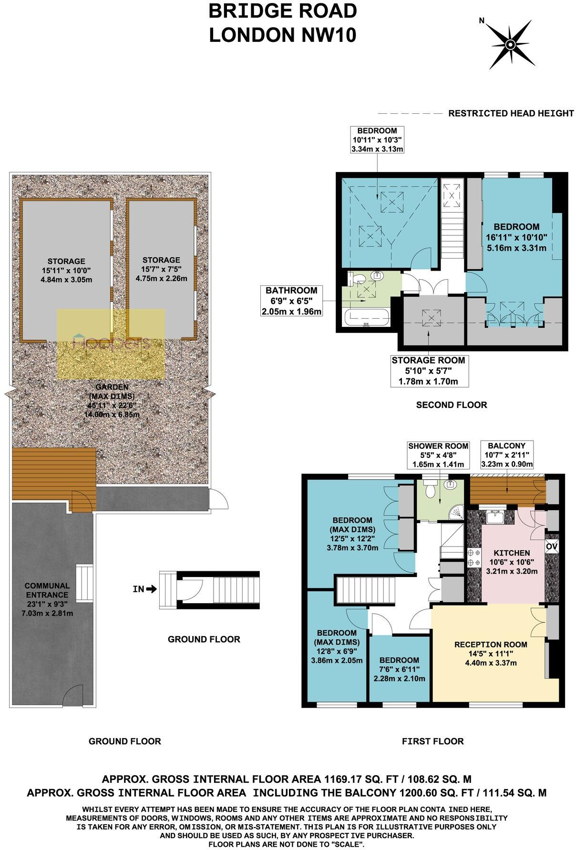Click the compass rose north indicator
pos(482,20)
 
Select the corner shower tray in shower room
pos(457,512)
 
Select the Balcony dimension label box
pos(507,455)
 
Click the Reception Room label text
pos(491,645)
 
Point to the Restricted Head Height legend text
pos(511,113)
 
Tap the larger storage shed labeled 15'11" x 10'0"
pos(66,270)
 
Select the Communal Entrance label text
pos(47,590)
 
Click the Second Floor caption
pos(451,405)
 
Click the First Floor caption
pos(432,741)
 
